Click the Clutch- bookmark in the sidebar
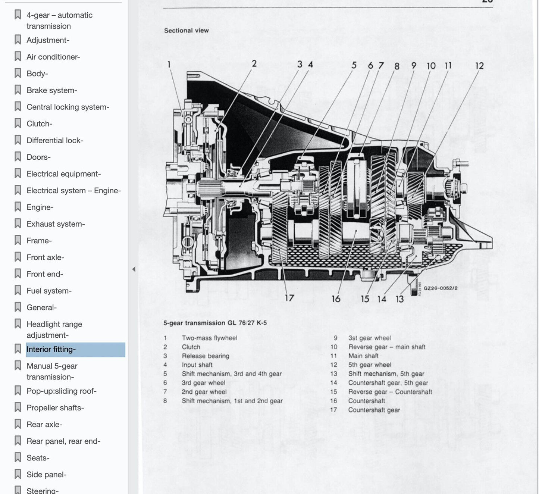39,123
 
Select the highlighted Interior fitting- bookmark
51,349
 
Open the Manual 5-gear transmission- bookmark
52,371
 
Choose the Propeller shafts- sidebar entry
55,407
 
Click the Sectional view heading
186,31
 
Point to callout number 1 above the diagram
169,65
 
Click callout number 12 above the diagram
479,66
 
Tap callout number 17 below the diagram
289,298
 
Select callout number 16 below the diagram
336,299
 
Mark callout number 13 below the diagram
399,299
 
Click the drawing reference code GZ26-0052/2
441,288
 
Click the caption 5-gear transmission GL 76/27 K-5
215,323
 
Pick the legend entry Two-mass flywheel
209,338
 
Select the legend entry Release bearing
206,356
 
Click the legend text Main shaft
363,356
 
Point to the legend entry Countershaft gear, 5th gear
388,382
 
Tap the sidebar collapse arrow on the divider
134,269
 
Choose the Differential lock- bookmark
55,140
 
